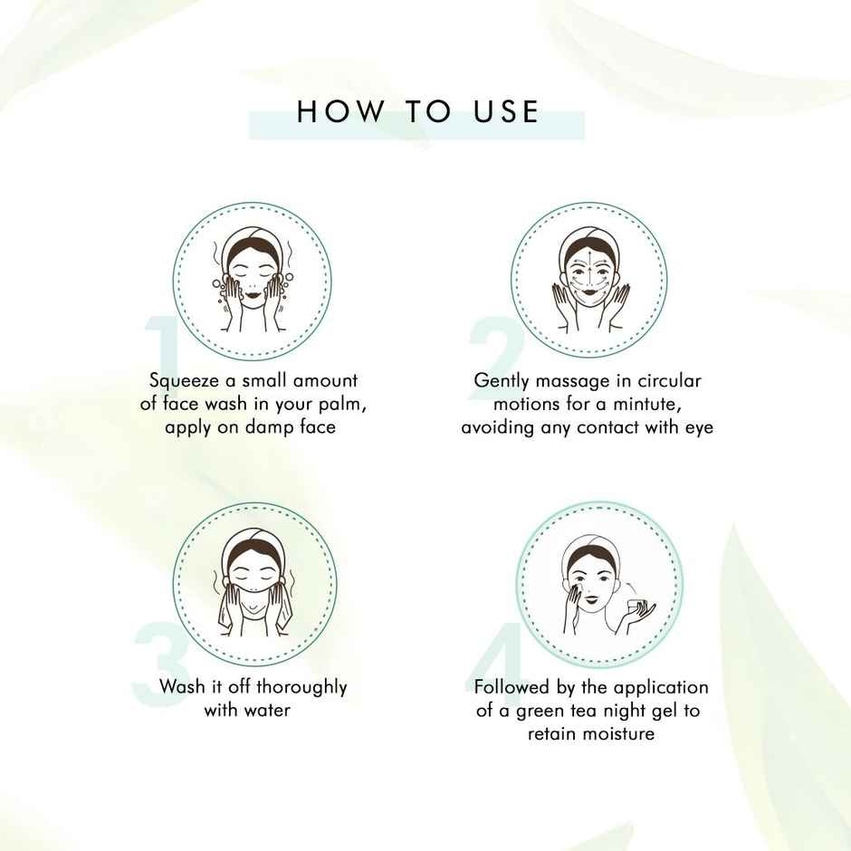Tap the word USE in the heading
[506, 111]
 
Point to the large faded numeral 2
[497, 349]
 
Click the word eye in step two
[697, 426]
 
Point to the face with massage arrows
[589, 273]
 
